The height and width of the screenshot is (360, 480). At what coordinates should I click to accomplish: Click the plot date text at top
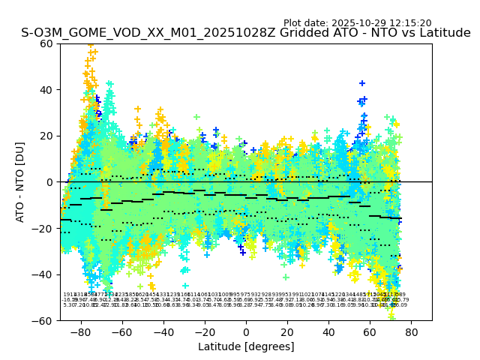click(357, 23)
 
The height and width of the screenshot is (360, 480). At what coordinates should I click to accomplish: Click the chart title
click(246, 34)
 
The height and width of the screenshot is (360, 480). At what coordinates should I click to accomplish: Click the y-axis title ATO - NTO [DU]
click(20, 181)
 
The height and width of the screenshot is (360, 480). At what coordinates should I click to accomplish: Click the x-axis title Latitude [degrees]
click(246, 346)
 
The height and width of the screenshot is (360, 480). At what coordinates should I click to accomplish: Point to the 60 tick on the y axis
click(46, 43)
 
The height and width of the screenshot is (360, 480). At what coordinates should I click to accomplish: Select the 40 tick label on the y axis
click(46, 89)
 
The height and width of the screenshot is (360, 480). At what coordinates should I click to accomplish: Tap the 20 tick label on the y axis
click(46, 136)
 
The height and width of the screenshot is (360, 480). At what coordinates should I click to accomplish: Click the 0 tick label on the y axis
click(49, 181)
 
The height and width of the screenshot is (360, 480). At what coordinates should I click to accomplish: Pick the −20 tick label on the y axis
click(43, 228)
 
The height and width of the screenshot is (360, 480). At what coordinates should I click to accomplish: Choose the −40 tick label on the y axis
click(43, 274)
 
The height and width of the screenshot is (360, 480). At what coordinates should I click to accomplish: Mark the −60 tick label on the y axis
click(43, 320)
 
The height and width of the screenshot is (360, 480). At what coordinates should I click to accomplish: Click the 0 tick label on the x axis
click(246, 331)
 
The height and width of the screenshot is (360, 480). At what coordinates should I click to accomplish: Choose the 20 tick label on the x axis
click(287, 331)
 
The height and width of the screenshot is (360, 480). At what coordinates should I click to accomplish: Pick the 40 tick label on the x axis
click(328, 331)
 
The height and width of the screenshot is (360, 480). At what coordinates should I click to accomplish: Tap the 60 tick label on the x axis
click(370, 331)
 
